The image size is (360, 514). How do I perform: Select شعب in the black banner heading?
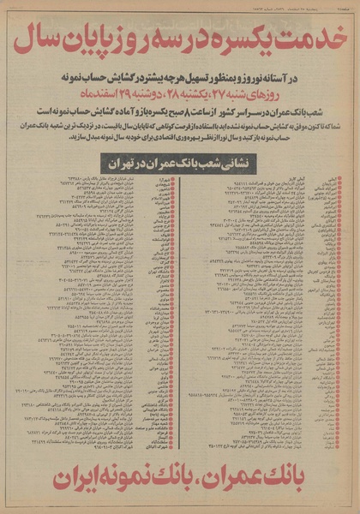(206, 159)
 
